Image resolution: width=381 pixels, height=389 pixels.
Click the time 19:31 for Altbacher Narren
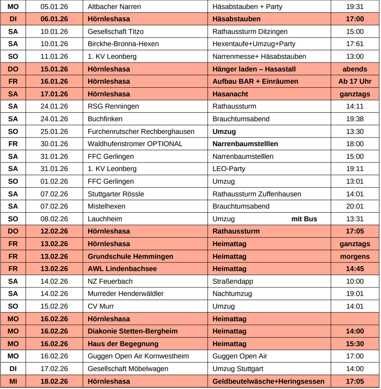coord(354,7)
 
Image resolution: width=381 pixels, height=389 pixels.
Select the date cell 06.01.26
coord(54,19)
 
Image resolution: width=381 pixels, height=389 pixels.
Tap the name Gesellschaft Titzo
coord(115,31)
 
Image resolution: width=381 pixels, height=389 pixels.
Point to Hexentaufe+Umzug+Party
coord(254,44)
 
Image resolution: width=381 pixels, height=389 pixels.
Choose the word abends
coord(354,69)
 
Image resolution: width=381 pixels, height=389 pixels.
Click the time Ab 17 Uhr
coord(354,81)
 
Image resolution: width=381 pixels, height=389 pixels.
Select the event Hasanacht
coord(230,94)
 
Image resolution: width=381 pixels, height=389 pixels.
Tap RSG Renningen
coord(113,106)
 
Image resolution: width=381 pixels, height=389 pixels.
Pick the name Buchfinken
coord(105,119)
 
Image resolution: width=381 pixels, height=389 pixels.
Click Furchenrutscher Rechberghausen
coord(141,131)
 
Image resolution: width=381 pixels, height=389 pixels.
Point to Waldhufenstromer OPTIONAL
coord(135,144)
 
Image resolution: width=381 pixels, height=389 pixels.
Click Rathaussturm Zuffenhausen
coord(257,194)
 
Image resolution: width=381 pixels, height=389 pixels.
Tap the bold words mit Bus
coord(304,219)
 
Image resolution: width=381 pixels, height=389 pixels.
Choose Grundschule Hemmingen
coord(130,256)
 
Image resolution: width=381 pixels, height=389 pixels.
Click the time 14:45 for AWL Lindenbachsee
coord(354,269)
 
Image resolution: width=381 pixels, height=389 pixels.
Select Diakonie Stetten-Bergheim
coord(133,331)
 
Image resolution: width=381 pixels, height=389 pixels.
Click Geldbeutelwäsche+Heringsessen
coord(268,381)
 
